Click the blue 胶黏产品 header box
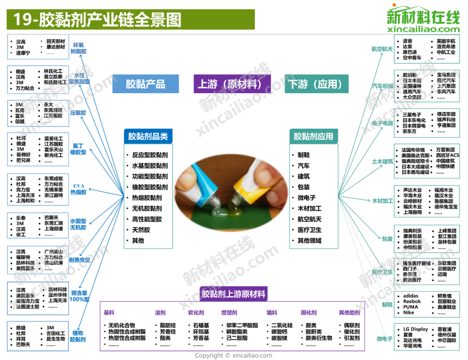145,84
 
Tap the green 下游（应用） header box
312,84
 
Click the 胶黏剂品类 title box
148,136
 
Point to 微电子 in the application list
307,198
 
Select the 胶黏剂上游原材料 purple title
234,294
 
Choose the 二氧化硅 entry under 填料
282,325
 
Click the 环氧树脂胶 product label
78,48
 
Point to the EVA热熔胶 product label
78,189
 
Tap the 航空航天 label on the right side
382,49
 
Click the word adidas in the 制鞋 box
411,296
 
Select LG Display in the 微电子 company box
416,329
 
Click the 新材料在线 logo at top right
423,19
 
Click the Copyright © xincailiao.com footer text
234,355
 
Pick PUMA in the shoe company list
410,307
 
